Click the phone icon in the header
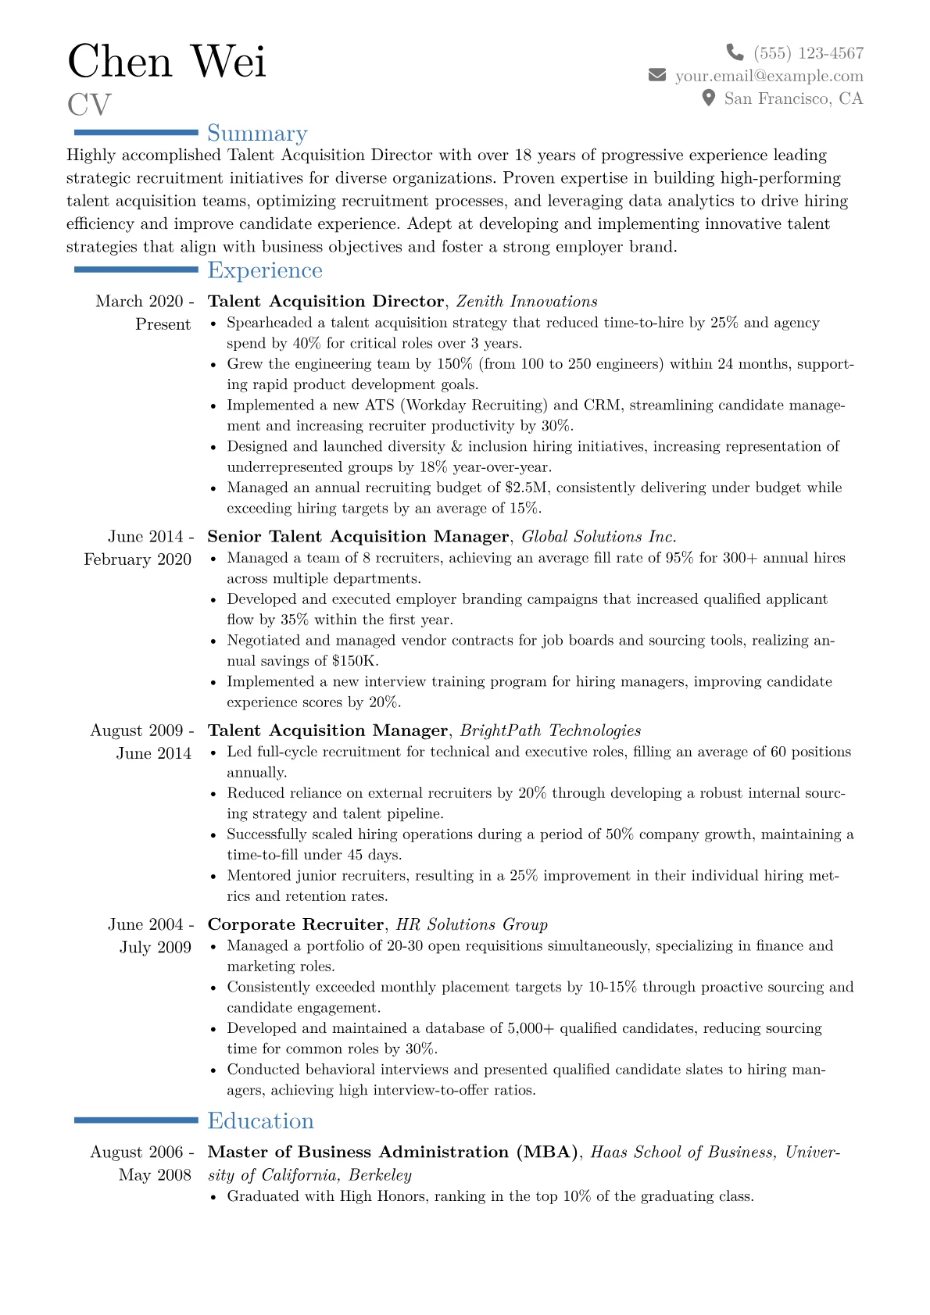[x=735, y=52]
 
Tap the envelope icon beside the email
[x=657, y=75]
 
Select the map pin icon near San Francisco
[x=709, y=98]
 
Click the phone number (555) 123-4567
[x=809, y=53]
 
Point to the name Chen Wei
[x=166, y=61]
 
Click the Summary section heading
[x=257, y=134]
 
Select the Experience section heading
[x=265, y=270]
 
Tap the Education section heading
[x=260, y=1121]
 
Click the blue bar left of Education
[x=136, y=1120]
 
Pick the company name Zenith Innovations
[x=527, y=302]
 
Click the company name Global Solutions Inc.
[x=599, y=537]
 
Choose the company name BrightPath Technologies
[x=550, y=731]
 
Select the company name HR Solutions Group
[x=472, y=924]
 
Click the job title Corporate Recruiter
[x=295, y=924]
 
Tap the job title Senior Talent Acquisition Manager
[x=358, y=537]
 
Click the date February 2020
[x=138, y=559]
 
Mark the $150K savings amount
[x=355, y=661]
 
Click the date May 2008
[x=155, y=1175]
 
